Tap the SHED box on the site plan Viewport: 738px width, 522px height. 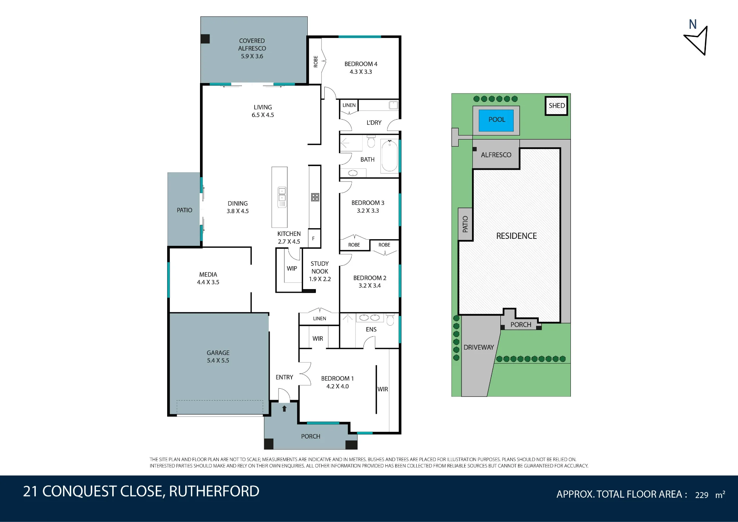pos(556,106)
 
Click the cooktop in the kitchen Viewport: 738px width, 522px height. pos(315,197)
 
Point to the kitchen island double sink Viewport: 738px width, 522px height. pos(282,197)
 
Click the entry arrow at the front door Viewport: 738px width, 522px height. pos(284,409)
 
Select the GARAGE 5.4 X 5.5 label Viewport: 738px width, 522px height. pos(218,357)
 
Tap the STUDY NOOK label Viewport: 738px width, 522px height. pos(320,268)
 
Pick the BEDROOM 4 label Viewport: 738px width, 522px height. pos(361,64)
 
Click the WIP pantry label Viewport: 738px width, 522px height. pos(292,268)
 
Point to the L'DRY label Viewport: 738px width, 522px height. pos(374,123)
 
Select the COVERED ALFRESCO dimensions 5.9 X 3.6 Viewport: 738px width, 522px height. pos(252,56)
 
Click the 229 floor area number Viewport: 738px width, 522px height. pos(701,495)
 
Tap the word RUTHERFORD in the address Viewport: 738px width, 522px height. pos(214,491)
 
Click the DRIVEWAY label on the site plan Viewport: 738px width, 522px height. pos(479,347)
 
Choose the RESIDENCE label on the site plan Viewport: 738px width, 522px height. pos(516,236)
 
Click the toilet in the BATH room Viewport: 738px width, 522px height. pos(371,141)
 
